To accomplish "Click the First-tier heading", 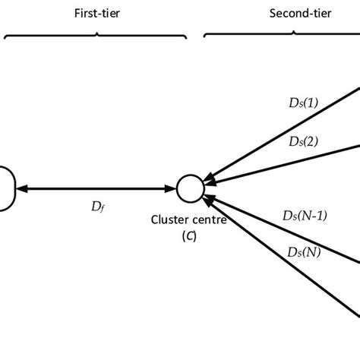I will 96,14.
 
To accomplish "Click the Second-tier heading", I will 297,14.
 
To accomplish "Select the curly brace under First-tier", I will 96,33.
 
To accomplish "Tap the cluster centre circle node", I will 189,187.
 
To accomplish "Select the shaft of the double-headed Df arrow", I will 96,187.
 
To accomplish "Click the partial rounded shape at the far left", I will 6,188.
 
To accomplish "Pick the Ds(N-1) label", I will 304,216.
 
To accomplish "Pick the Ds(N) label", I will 304,252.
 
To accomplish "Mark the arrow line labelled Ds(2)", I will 289,161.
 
